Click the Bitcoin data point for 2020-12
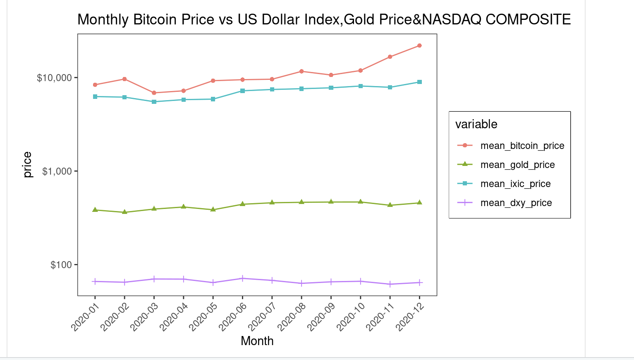(419, 46)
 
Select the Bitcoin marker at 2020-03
(154, 93)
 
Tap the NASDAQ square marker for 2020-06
(242, 91)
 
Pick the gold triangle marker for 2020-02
(124, 212)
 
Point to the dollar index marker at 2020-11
(390, 284)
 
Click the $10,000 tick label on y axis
(54, 78)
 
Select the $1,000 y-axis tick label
(57, 171)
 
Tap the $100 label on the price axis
(61, 265)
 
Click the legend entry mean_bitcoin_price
(522, 146)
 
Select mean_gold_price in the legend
(517, 165)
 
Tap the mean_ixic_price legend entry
(515, 184)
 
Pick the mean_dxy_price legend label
(516, 203)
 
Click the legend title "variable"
(476, 124)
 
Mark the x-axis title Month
(257, 341)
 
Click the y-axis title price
(27, 165)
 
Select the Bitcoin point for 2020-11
(390, 57)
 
